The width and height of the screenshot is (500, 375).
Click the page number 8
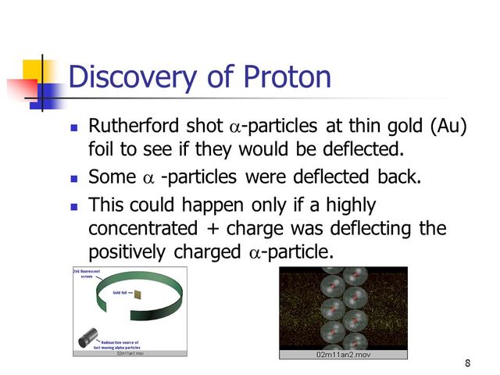(467, 363)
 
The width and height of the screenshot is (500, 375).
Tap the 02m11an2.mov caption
(343, 355)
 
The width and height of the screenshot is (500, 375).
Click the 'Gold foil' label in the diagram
(116, 291)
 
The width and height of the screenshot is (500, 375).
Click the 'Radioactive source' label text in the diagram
(117, 342)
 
